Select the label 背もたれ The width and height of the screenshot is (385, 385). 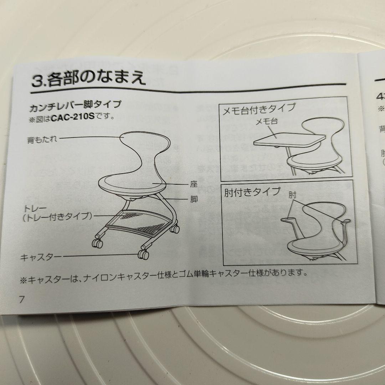(x=42, y=139)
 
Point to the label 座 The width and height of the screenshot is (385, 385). (x=194, y=185)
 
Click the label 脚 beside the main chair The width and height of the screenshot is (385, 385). (x=194, y=200)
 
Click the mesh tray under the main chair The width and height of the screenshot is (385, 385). (x=143, y=221)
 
